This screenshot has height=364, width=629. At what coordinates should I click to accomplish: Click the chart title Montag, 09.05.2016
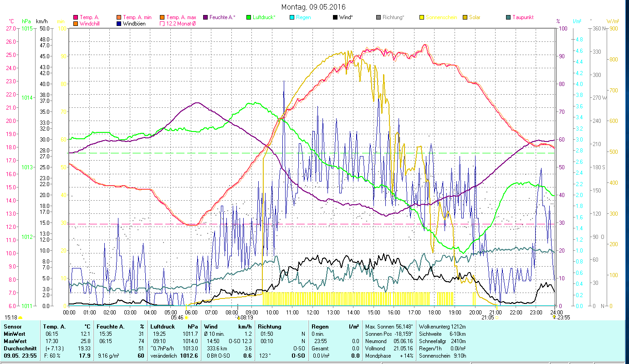[x=313, y=7]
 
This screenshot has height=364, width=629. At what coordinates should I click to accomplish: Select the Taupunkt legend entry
[x=522, y=17]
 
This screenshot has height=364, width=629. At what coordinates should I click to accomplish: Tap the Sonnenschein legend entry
[x=441, y=17]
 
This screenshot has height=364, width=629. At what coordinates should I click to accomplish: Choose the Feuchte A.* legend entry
[x=222, y=17]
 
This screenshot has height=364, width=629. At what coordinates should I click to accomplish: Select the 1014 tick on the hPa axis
[x=27, y=97]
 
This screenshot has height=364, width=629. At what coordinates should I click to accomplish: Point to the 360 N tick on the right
[x=598, y=28]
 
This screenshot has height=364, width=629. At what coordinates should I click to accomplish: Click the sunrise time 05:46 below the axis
[x=177, y=318]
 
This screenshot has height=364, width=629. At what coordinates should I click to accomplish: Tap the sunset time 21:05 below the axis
[x=487, y=318]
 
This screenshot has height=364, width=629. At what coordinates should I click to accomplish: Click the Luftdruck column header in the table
[x=163, y=327]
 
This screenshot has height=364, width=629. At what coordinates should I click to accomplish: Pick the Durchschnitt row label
[x=18, y=348]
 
